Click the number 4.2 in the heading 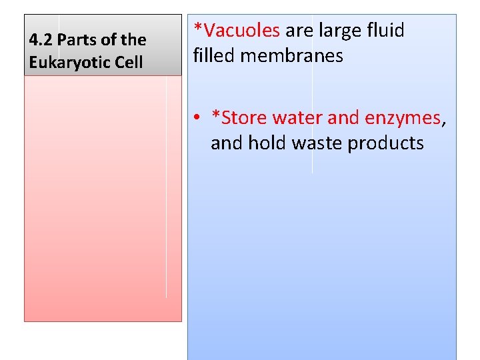[x=39, y=40]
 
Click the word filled [x=214, y=55]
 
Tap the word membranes [x=291, y=55]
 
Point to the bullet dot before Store [x=198, y=118]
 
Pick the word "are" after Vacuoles [x=299, y=31]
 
